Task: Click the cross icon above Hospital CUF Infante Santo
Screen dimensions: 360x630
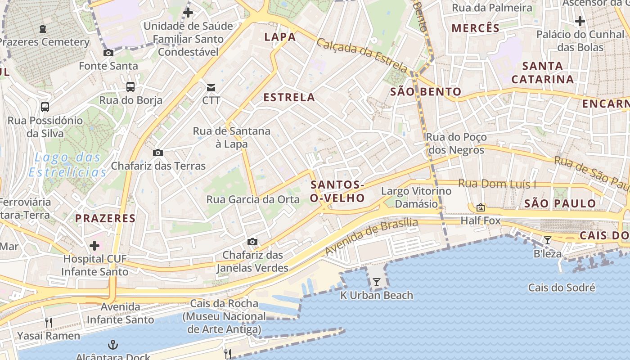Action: (94, 246)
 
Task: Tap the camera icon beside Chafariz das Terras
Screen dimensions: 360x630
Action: (157, 153)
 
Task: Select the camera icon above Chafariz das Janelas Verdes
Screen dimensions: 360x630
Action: (252, 242)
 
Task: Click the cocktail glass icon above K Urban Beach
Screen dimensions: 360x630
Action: (377, 282)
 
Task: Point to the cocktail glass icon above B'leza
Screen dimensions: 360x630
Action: (547, 240)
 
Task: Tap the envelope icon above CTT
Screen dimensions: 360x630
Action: (211, 87)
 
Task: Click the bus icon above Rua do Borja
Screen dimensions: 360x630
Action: (130, 87)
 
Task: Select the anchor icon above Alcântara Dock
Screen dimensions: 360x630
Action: (112, 345)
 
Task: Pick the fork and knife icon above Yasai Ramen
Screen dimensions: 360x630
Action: (49, 322)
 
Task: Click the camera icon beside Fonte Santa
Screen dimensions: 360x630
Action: (108, 53)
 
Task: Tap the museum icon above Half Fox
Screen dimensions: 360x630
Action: (481, 207)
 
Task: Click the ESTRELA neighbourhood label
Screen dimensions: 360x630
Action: (289, 97)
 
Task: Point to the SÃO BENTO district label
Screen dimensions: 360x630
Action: (426, 92)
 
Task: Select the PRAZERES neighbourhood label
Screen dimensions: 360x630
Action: (105, 218)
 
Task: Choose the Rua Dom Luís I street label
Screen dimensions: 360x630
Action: (497, 184)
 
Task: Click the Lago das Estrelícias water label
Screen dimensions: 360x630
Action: (67, 165)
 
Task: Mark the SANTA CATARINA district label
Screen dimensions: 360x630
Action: (543, 72)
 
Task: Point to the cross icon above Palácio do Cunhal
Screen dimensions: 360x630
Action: (580, 21)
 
